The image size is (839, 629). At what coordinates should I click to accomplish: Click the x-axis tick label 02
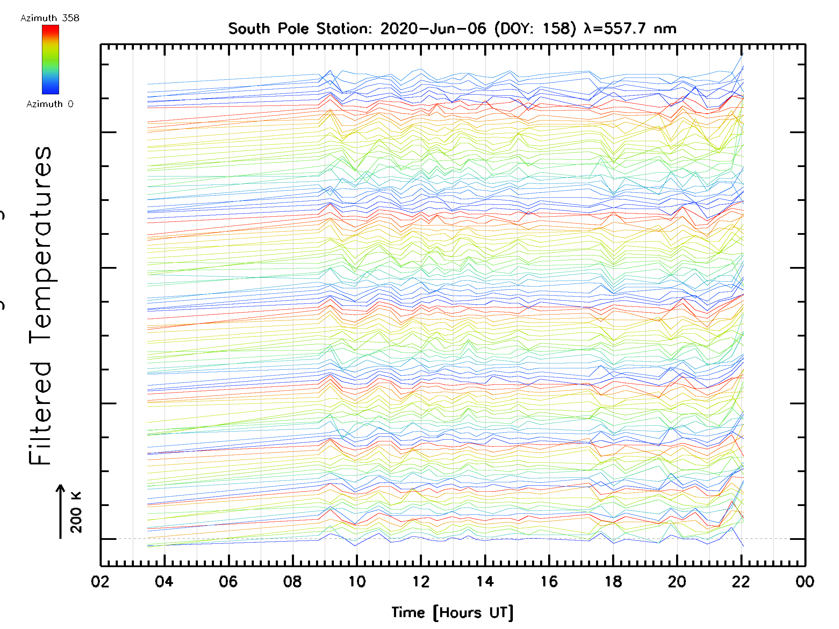coord(100,581)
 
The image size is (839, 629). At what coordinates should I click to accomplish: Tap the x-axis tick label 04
coord(164,581)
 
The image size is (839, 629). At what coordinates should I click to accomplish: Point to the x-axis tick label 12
coord(421,581)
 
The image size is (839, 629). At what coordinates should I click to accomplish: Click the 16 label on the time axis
coord(549,581)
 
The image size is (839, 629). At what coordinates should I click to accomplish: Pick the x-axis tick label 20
coord(677,581)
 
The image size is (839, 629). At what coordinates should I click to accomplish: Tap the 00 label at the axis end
coord(805,581)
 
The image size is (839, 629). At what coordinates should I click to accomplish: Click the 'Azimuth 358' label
coord(50,18)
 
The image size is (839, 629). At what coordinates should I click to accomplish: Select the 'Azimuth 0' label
coord(50,104)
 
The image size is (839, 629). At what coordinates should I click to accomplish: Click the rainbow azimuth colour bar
coord(50,59)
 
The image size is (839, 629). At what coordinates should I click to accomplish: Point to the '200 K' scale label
coord(76,512)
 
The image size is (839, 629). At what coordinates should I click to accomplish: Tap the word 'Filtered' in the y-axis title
coord(40,413)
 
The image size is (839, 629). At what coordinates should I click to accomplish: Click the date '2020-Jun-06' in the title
coord(433,29)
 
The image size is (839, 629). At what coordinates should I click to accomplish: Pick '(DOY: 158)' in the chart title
coord(535,29)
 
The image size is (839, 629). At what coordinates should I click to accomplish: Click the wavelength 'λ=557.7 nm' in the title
coord(630,29)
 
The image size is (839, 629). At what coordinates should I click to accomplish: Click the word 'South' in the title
coord(249,29)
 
